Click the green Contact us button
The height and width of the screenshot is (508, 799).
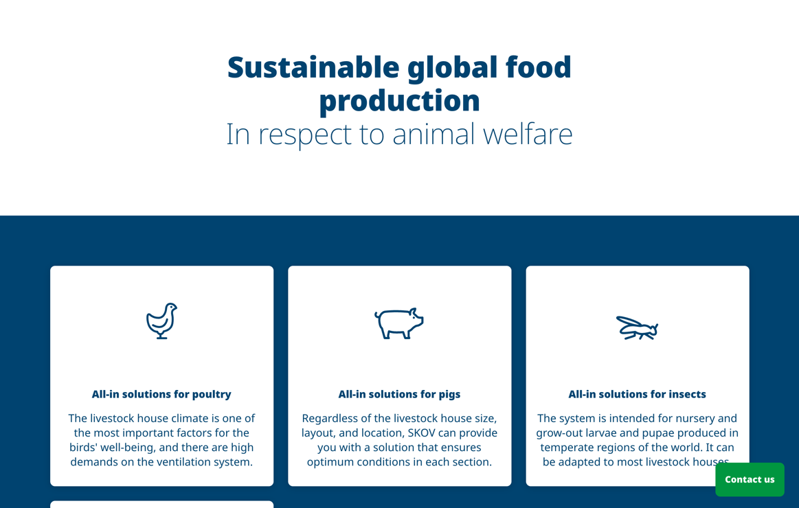[x=750, y=479]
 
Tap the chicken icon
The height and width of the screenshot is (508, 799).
[x=161, y=321]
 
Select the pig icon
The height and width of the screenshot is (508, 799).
[x=399, y=323]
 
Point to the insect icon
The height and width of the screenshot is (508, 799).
[x=637, y=328]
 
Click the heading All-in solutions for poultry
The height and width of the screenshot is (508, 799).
[x=161, y=394]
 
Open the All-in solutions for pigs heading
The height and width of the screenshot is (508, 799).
[x=400, y=394]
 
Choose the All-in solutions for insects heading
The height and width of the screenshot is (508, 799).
[x=637, y=394]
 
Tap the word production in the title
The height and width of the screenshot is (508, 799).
[x=400, y=101]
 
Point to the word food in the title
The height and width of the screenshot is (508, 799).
[x=539, y=67]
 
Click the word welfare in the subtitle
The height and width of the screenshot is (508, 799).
[x=528, y=135]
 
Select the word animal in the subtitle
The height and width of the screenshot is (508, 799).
[x=433, y=135]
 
